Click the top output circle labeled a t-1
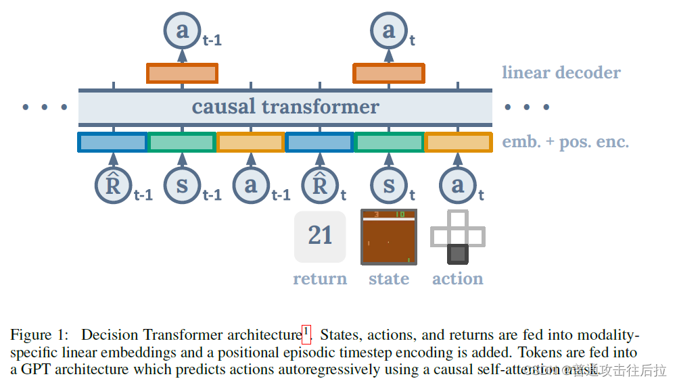pos(182,31)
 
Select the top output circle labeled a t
pos(389,31)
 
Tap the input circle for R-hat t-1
pos(113,185)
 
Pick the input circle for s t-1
pos(182,185)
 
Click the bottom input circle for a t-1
pos(251,185)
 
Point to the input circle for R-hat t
pos(320,185)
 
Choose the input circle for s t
pos(389,185)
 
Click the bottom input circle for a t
pos(458,185)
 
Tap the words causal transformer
pos(285,107)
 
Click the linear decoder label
pos(561,73)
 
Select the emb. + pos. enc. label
pos(565,143)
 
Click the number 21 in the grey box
pos(320,236)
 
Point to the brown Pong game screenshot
pos(389,237)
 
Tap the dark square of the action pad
pos(458,254)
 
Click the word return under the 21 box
pos(320,279)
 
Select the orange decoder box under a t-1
pos(182,73)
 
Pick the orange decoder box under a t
pos(389,73)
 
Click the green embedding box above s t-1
pos(182,143)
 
